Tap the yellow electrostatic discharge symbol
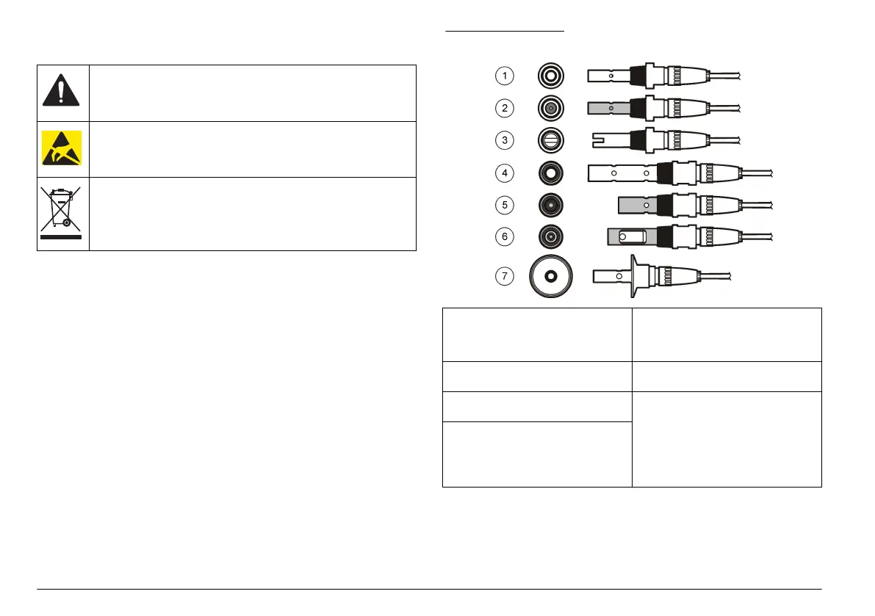[x=63, y=149]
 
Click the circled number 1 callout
[x=504, y=75]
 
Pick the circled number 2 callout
[x=504, y=108]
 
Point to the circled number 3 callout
[x=504, y=140]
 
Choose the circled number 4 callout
[x=504, y=173]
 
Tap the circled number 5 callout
[x=504, y=205]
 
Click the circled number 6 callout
[x=504, y=237]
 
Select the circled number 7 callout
[x=504, y=276]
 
